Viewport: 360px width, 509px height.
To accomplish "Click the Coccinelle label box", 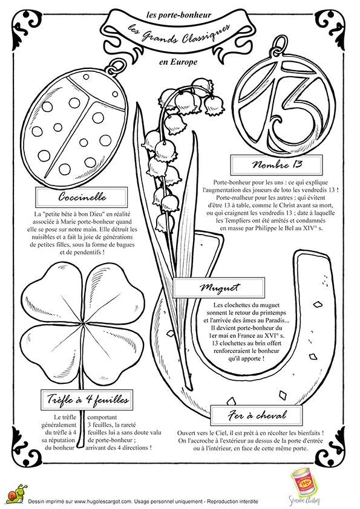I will point(70,198).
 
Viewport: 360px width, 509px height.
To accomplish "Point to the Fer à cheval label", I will point(257,415).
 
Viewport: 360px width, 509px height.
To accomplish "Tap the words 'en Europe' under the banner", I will point(177,62).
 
